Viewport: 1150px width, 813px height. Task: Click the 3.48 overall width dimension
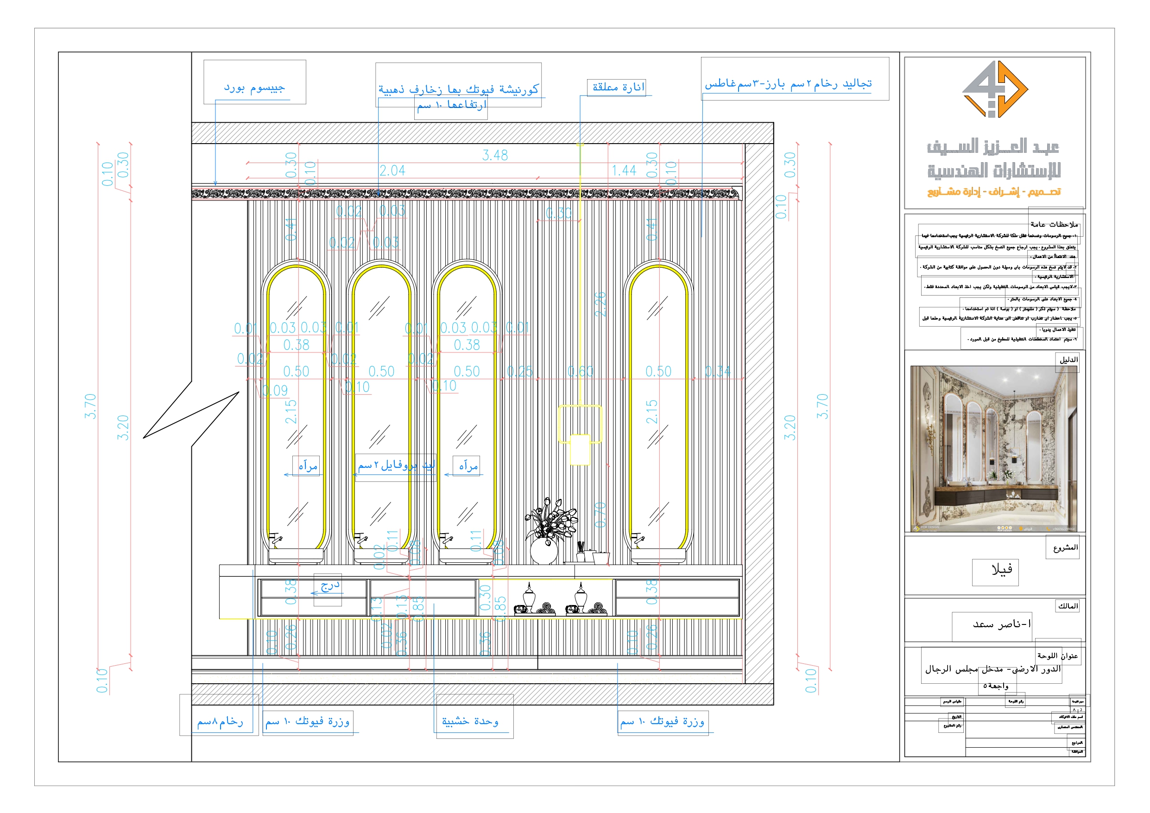[x=495, y=155]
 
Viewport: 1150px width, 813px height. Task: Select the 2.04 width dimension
[x=392, y=171]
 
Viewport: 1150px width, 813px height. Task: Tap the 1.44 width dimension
[x=624, y=171]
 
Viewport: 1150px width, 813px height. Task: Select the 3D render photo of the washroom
[x=994, y=448]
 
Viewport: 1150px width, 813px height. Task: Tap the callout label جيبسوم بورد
[x=254, y=88]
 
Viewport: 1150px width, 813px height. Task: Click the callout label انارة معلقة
[x=618, y=87]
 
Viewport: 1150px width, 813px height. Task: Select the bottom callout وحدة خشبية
[x=470, y=721]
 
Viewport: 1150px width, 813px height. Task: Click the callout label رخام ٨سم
[x=220, y=722]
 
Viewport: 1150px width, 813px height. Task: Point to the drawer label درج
[x=329, y=586]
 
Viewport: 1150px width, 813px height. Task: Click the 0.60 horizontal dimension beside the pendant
[x=580, y=372]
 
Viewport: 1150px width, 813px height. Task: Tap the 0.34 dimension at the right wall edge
[x=717, y=372]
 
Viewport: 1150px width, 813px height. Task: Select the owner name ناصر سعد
[x=1001, y=624]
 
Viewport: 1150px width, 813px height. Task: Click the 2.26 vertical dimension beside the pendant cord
[x=600, y=303]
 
